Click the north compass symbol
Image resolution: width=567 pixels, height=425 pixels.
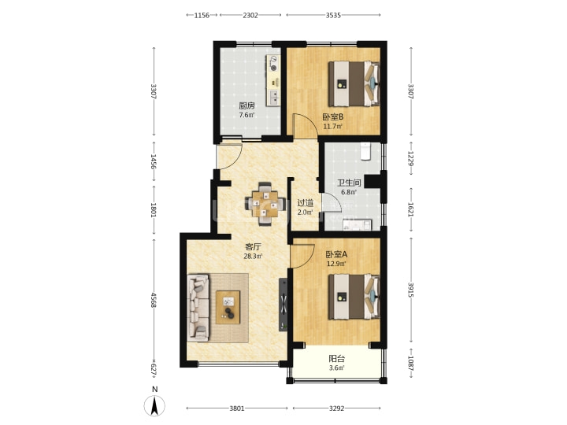click(154, 405)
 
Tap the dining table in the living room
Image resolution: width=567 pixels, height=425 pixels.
click(265, 204)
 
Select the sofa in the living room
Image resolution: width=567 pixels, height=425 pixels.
click(198, 308)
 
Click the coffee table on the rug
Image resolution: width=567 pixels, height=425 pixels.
click(228, 307)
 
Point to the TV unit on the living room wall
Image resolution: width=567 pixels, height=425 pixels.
click(283, 305)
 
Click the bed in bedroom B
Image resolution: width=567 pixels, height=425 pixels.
click(354, 83)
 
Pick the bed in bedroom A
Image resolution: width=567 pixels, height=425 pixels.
click(354, 297)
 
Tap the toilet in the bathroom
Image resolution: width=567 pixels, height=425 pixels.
click(365, 150)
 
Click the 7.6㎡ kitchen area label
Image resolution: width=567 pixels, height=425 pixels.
click(246, 115)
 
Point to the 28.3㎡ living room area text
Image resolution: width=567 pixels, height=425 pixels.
click(253, 257)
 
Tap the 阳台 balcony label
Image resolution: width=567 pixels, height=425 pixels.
click(337, 359)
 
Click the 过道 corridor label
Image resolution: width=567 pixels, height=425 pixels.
click(306, 203)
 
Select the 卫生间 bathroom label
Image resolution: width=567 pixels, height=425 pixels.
click(349, 183)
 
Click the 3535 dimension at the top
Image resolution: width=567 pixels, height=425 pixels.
click(333, 15)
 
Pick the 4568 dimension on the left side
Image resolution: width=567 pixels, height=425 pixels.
click(154, 300)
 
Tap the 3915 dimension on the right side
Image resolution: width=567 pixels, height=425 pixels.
click(410, 290)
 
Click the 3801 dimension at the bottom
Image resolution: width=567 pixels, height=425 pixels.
click(237, 408)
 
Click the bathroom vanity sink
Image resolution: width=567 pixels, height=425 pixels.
click(358, 225)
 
